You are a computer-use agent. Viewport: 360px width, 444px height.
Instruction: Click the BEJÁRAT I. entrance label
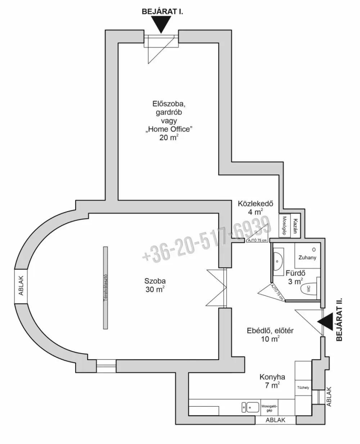162,12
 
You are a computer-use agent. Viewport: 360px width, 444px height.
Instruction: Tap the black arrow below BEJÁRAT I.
161,24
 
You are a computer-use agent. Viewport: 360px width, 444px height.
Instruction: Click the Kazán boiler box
295,226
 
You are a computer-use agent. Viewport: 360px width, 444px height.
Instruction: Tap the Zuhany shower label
307,257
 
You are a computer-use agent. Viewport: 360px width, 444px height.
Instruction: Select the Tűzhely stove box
303,388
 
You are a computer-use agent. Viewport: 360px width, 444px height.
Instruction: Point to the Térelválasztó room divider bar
105,288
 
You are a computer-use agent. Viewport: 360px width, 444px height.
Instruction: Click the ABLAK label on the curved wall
21,286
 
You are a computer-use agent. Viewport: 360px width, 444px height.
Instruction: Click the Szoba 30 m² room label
155,285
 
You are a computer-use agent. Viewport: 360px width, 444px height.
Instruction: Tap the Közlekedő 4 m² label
255,208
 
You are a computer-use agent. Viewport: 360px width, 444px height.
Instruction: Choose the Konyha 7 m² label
272,381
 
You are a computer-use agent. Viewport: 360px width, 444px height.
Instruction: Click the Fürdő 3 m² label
296,277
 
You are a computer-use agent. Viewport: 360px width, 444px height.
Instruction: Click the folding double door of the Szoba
217,288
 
